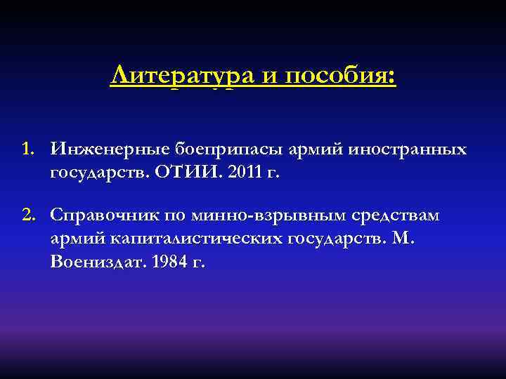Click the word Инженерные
click(102, 149)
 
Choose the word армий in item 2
click(77, 238)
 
